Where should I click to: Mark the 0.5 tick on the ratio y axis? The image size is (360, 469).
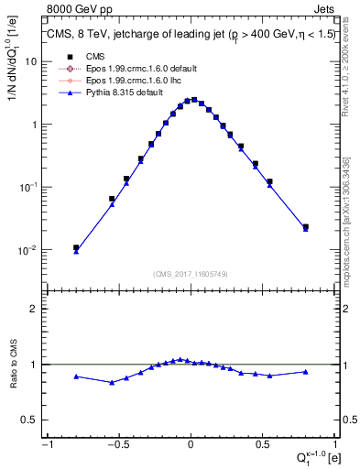pyautogui.click(x=31, y=420)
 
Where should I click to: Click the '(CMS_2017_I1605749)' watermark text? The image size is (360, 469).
pyautogui.click(x=191, y=275)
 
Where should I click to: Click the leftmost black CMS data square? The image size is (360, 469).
pyautogui.click(x=76, y=247)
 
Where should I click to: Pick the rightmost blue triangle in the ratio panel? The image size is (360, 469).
pyautogui.click(x=305, y=372)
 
